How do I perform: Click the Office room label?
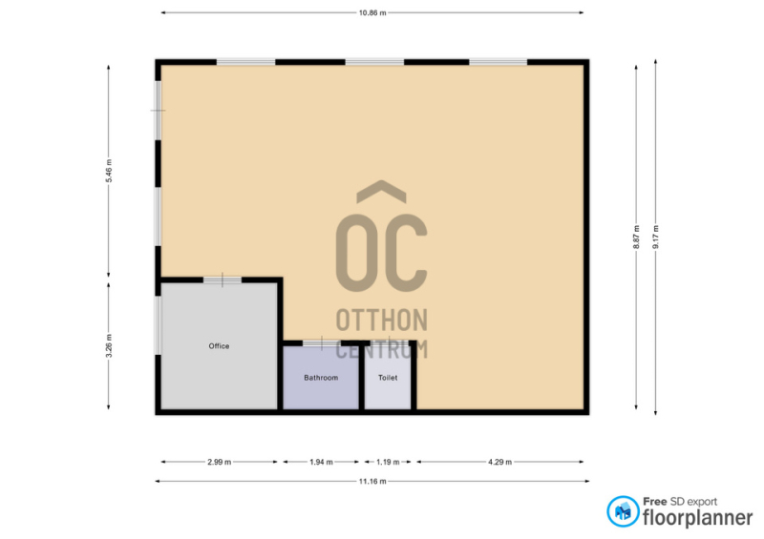pos(219,346)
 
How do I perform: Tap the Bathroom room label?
pos(321,378)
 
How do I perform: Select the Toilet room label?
pos(388,378)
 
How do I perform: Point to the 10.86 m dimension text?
pos(372,13)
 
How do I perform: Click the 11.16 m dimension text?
pos(372,482)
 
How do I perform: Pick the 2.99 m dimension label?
pos(220,462)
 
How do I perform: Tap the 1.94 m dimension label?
pos(321,462)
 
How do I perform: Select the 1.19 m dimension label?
pos(388,462)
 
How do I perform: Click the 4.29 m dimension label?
pos(499,462)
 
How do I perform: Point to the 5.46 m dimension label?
pos(109,171)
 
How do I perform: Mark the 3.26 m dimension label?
pos(109,345)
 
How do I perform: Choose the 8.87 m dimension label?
pos(636,238)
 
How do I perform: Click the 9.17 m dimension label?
pos(656,238)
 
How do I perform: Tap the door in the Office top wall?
pos(223,280)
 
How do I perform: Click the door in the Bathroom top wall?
pos(322,343)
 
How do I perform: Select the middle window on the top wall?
pos(374,62)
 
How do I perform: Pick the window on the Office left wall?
pos(159,325)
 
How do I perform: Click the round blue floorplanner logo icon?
pos(623,511)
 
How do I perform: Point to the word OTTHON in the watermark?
pos(381,320)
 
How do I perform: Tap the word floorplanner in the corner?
pos(697,518)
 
